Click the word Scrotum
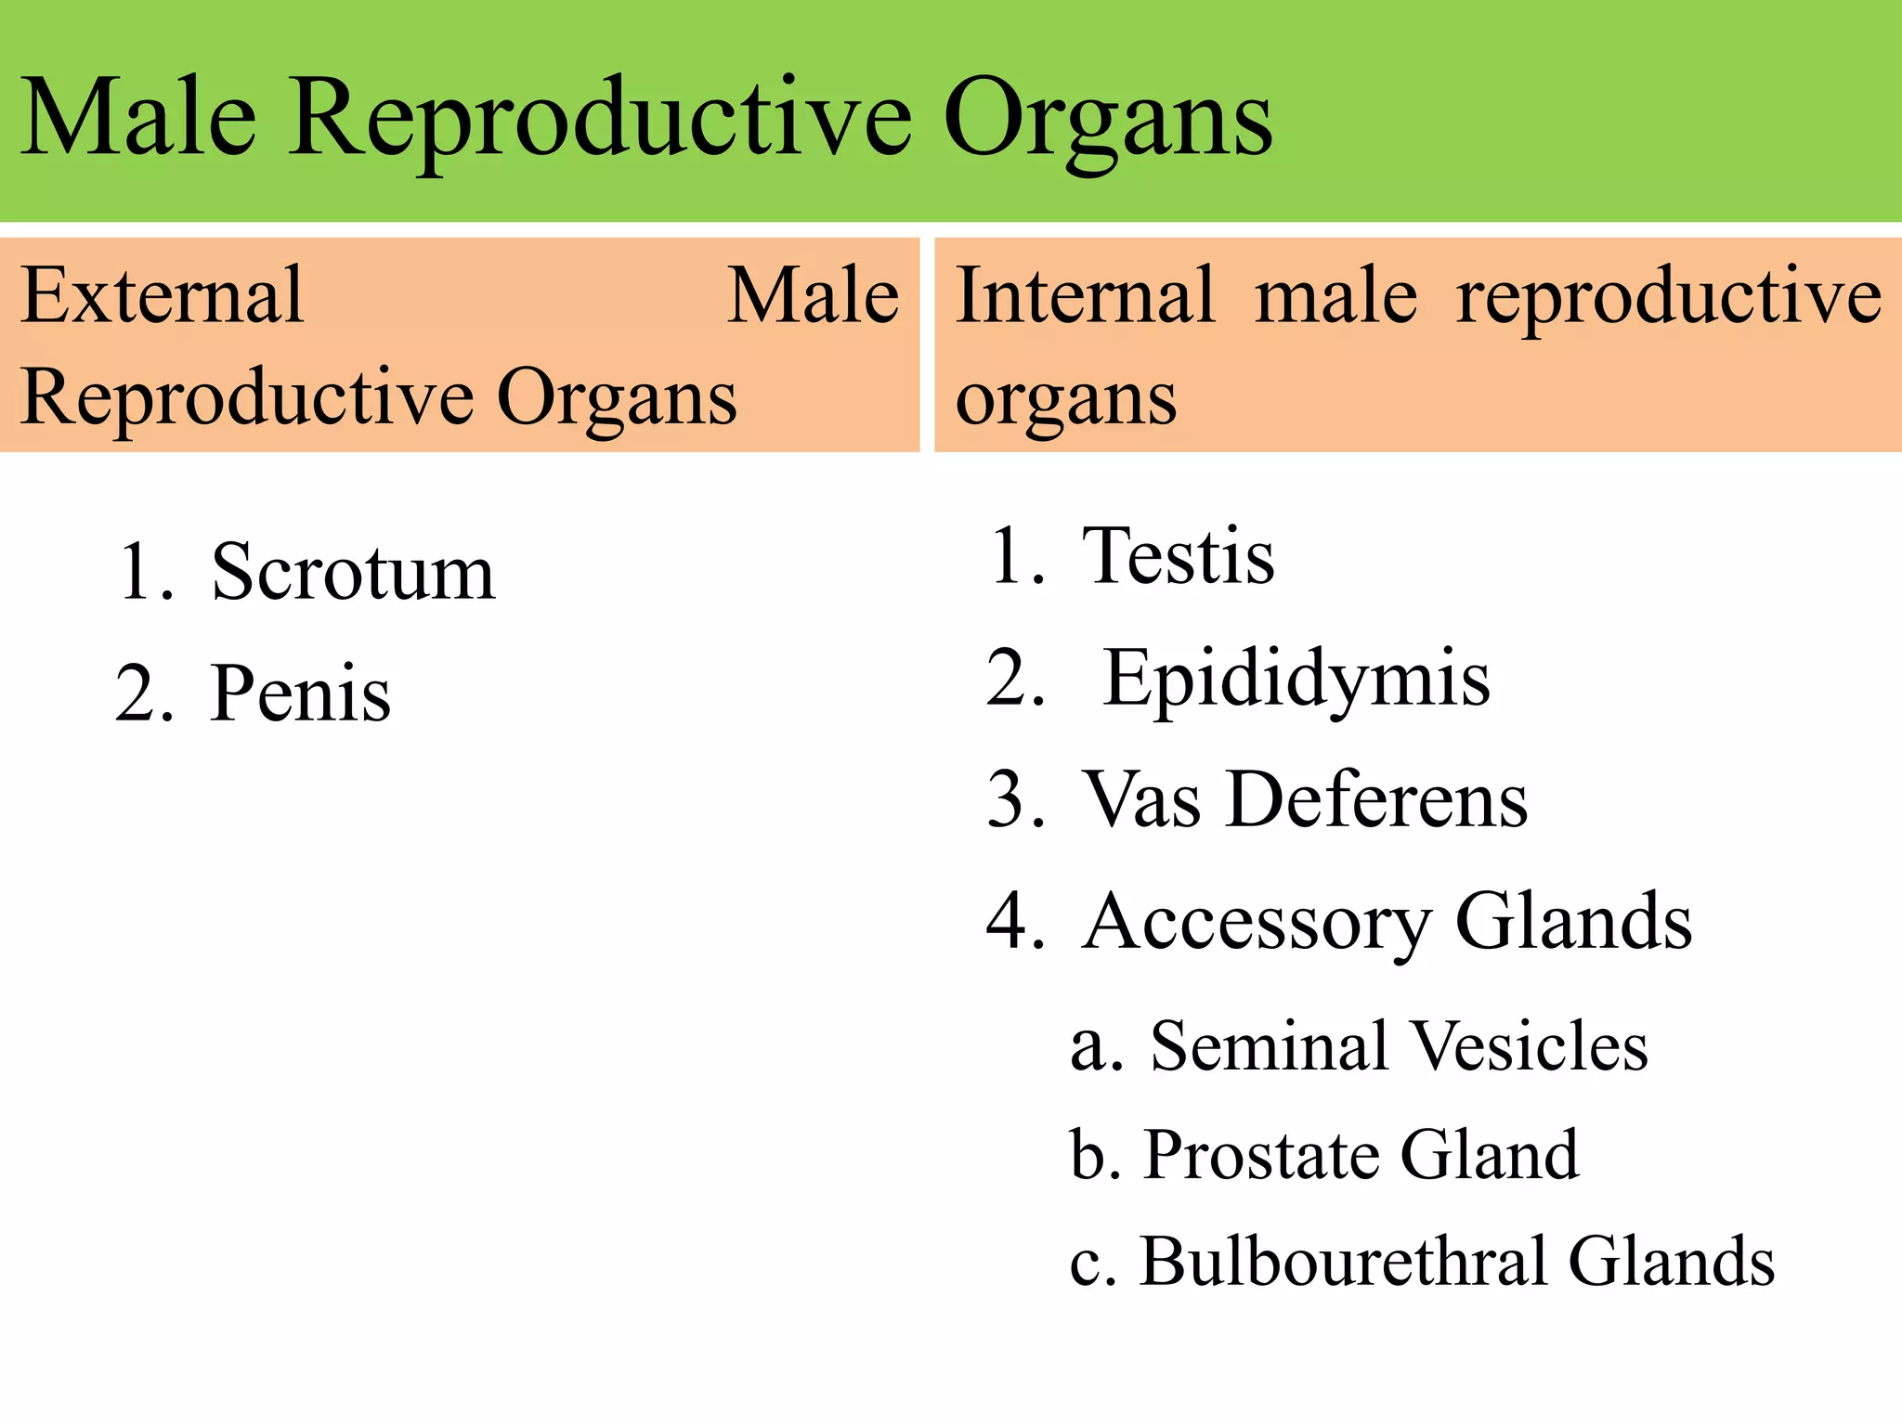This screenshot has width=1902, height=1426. [x=353, y=573]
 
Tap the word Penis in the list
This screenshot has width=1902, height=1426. [x=300, y=694]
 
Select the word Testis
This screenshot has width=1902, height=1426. [x=1179, y=556]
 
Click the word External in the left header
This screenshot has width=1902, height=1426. [x=163, y=296]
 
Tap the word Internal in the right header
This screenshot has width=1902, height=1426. [x=1085, y=296]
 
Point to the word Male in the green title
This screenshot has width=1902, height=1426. [x=137, y=119]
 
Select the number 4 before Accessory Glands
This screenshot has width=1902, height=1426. [x=1014, y=923]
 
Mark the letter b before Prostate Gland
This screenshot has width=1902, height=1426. [x=1088, y=1155]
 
